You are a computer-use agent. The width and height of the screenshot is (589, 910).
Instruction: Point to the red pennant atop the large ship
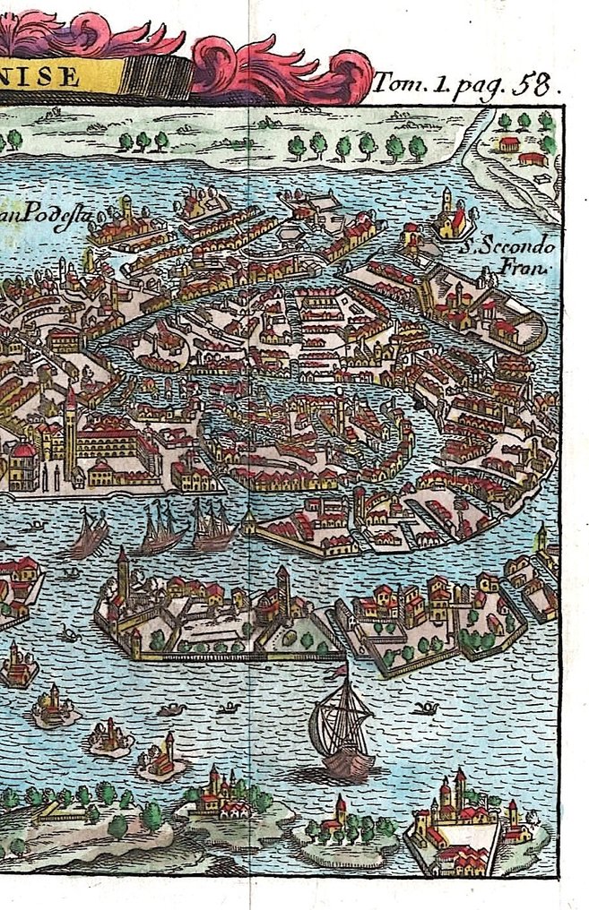(x=339, y=670)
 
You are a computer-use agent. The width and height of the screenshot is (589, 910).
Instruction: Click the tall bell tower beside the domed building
(x=70, y=430)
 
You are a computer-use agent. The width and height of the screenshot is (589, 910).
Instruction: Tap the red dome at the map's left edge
(x=22, y=451)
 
